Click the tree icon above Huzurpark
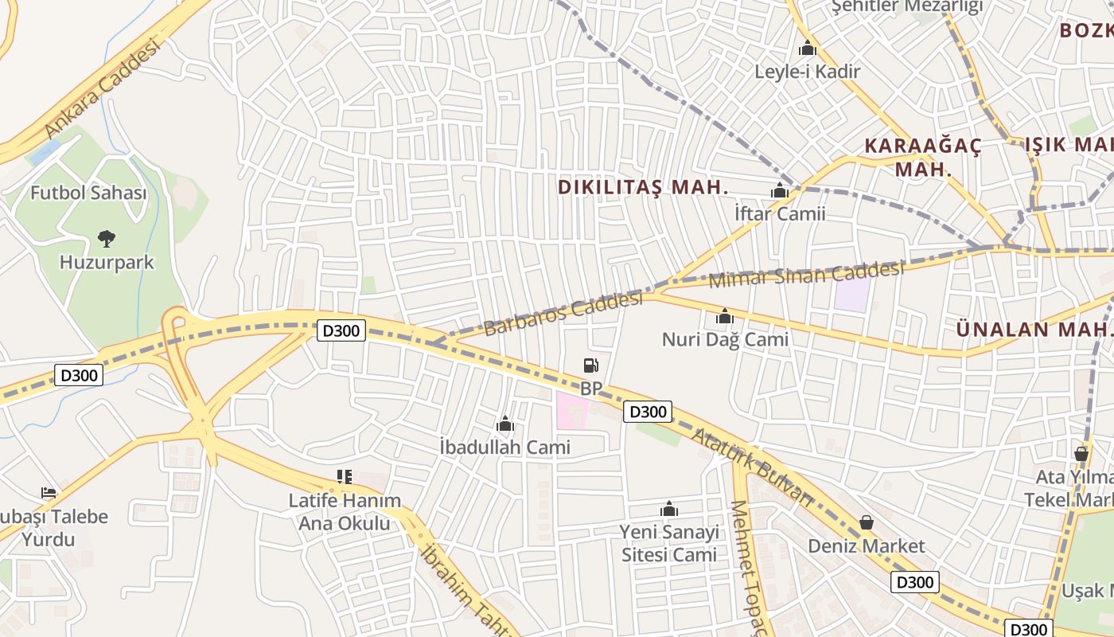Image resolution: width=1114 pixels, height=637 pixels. (x=106, y=238)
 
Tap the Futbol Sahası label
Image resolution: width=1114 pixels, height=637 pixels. (x=88, y=193)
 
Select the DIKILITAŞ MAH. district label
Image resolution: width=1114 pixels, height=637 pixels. (x=643, y=187)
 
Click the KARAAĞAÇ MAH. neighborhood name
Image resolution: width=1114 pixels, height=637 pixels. (x=923, y=157)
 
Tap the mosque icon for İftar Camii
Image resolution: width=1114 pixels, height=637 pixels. (x=780, y=191)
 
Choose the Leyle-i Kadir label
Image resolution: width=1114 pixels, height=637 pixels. (x=808, y=72)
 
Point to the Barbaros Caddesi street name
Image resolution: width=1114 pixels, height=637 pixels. (x=563, y=314)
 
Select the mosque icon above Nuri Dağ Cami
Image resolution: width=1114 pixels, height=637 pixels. (x=724, y=317)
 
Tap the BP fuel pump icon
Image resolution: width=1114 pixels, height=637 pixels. (x=590, y=365)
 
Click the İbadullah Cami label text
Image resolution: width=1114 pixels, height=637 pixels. (x=504, y=447)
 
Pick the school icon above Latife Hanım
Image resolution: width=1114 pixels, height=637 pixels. (x=344, y=477)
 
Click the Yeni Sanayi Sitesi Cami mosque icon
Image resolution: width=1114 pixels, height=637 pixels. (x=669, y=510)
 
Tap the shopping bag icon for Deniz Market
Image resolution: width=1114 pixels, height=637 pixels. (x=866, y=523)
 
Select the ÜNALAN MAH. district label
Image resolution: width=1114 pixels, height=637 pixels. (x=1034, y=329)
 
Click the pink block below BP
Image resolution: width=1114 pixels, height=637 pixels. (x=571, y=411)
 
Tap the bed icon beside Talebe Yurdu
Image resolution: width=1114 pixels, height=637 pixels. (x=49, y=493)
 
